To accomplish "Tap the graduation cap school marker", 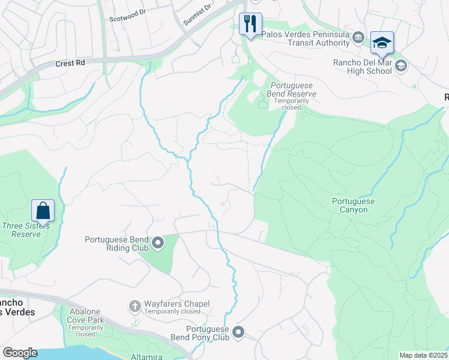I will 382,43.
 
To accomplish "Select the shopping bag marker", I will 43,211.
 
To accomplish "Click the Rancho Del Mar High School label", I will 363,66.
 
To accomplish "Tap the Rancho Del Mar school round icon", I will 401,65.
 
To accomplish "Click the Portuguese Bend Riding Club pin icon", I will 158,243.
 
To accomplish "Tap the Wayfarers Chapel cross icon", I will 134,306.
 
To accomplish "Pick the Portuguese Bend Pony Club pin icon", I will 238,332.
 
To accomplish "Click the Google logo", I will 20,353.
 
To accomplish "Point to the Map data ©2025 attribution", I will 423,355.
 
